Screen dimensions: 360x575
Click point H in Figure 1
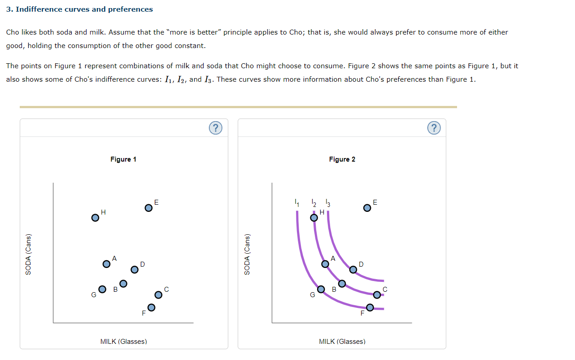95,218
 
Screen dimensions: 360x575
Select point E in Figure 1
148,208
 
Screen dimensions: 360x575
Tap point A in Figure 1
106,264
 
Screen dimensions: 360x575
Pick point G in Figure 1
102,289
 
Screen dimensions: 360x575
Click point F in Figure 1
151,307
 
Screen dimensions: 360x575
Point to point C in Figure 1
158,295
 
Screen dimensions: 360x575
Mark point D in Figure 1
134,269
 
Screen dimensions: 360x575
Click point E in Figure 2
367,208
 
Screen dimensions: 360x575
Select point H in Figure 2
314,218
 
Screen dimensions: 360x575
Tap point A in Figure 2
325,264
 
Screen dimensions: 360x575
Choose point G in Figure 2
321,289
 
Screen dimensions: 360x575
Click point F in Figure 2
370,307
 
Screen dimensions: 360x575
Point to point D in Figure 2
353,269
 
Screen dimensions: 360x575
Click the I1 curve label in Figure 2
296,203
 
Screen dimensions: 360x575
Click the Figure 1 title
123,159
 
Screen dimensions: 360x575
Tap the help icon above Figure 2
434,128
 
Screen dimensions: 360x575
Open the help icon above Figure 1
216,128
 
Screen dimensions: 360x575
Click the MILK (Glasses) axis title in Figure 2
342,342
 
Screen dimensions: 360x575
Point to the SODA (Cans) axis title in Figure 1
29,254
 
